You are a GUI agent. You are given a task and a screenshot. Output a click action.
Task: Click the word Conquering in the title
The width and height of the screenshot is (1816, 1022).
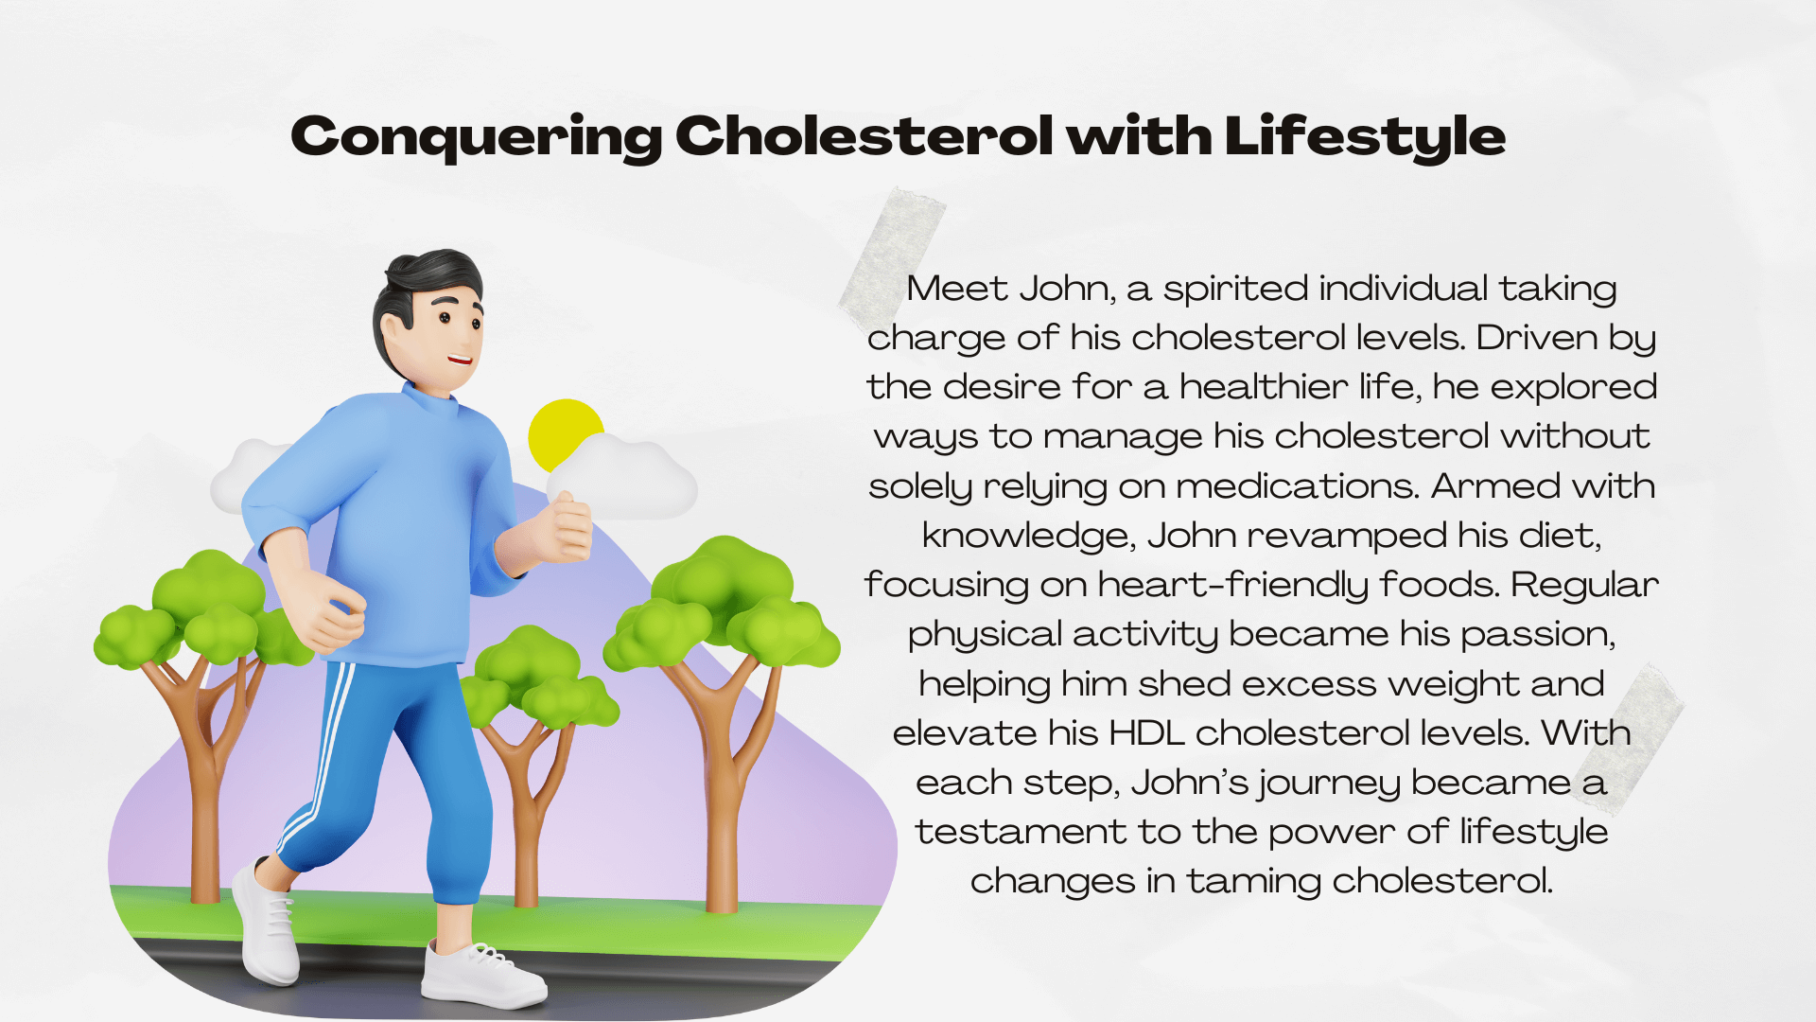[x=478, y=137]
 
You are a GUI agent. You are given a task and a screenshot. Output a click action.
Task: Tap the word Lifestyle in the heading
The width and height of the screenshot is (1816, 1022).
[x=1365, y=137]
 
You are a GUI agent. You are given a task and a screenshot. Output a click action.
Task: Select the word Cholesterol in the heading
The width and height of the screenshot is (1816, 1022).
[x=864, y=135]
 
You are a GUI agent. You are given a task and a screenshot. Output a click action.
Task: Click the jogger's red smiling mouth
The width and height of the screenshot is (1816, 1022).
[x=461, y=360]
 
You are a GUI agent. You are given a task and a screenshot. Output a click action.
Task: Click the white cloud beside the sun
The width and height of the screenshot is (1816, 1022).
[x=624, y=478]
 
